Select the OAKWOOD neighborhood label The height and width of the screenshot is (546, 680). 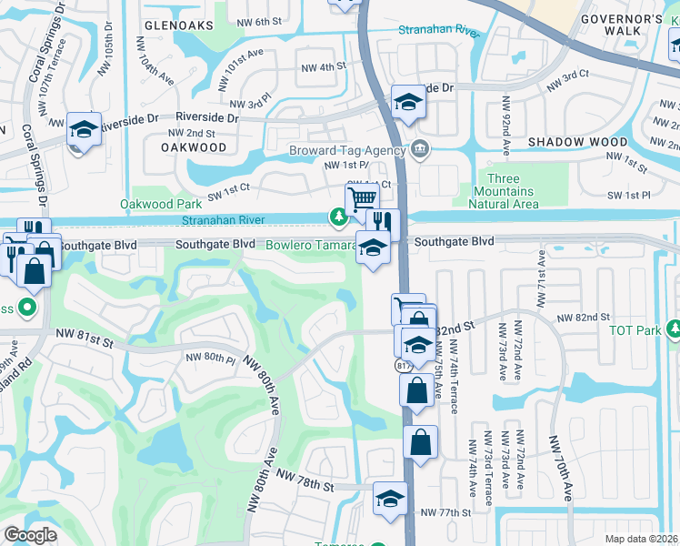pos(194,147)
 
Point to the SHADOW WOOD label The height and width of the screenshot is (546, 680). pos(577,142)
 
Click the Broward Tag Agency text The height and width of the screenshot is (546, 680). pos(347,149)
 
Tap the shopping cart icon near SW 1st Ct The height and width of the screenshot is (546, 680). pos(362,197)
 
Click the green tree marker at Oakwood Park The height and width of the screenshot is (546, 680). pos(338,217)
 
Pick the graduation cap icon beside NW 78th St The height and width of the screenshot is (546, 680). pos(390,498)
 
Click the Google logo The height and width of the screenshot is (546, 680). pos(30,535)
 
